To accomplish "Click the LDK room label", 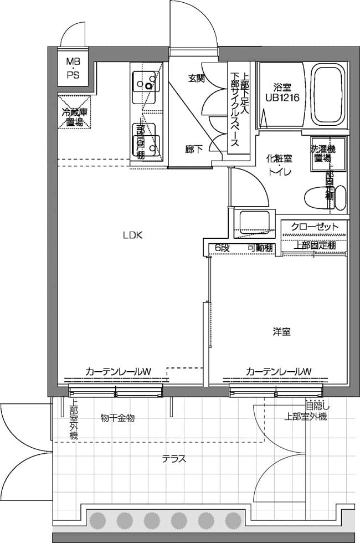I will coord(133,235).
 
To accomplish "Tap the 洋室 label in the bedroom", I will coord(281,332).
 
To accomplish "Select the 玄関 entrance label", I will coord(196,78).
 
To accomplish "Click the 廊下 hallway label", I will coord(194,148).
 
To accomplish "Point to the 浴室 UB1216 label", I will coord(282,92).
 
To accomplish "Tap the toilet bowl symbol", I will coord(325,197).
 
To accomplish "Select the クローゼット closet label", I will coord(314,227).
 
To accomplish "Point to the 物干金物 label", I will coord(117,417).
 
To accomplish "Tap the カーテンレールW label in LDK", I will coord(119,371).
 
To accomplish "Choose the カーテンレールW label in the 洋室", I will coord(278,371).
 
